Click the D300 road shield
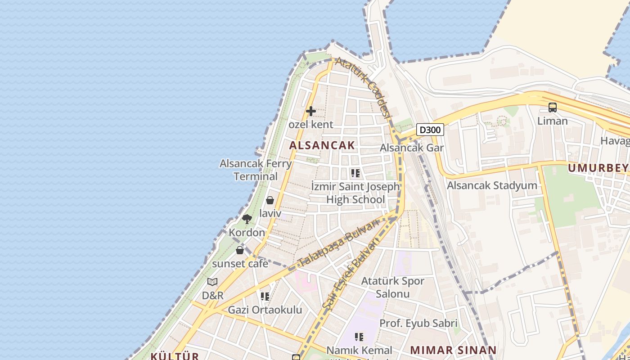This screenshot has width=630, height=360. [x=430, y=130]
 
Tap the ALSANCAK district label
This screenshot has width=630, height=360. [x=322, y=145]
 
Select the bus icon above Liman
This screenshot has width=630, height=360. [x=552, y=108]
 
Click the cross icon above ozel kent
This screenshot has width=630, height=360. [x=310, y=111]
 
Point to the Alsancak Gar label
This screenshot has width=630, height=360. [x=411, y=148]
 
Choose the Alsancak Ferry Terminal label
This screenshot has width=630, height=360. [x=256, y=170]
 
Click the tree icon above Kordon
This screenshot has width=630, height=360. [x=247, y=219]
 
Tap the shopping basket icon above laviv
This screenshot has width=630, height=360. [x=270, y=200]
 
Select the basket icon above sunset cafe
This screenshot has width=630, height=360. [x=240, y=250]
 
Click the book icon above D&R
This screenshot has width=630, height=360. [x=212, y=282]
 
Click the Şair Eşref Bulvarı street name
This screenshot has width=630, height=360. [x=351, y=277]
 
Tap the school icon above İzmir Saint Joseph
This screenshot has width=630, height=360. [x=355, y=173]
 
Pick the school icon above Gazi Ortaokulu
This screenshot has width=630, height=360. [x=265, y=296]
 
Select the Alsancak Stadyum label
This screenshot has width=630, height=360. [x=492, y=185]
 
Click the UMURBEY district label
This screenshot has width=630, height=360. [x=598, y=168]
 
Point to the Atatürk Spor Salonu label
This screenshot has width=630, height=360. [x=393, y=288]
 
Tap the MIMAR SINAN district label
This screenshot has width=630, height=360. [x=453, y=350]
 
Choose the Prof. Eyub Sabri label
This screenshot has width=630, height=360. [x=418, y=323]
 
